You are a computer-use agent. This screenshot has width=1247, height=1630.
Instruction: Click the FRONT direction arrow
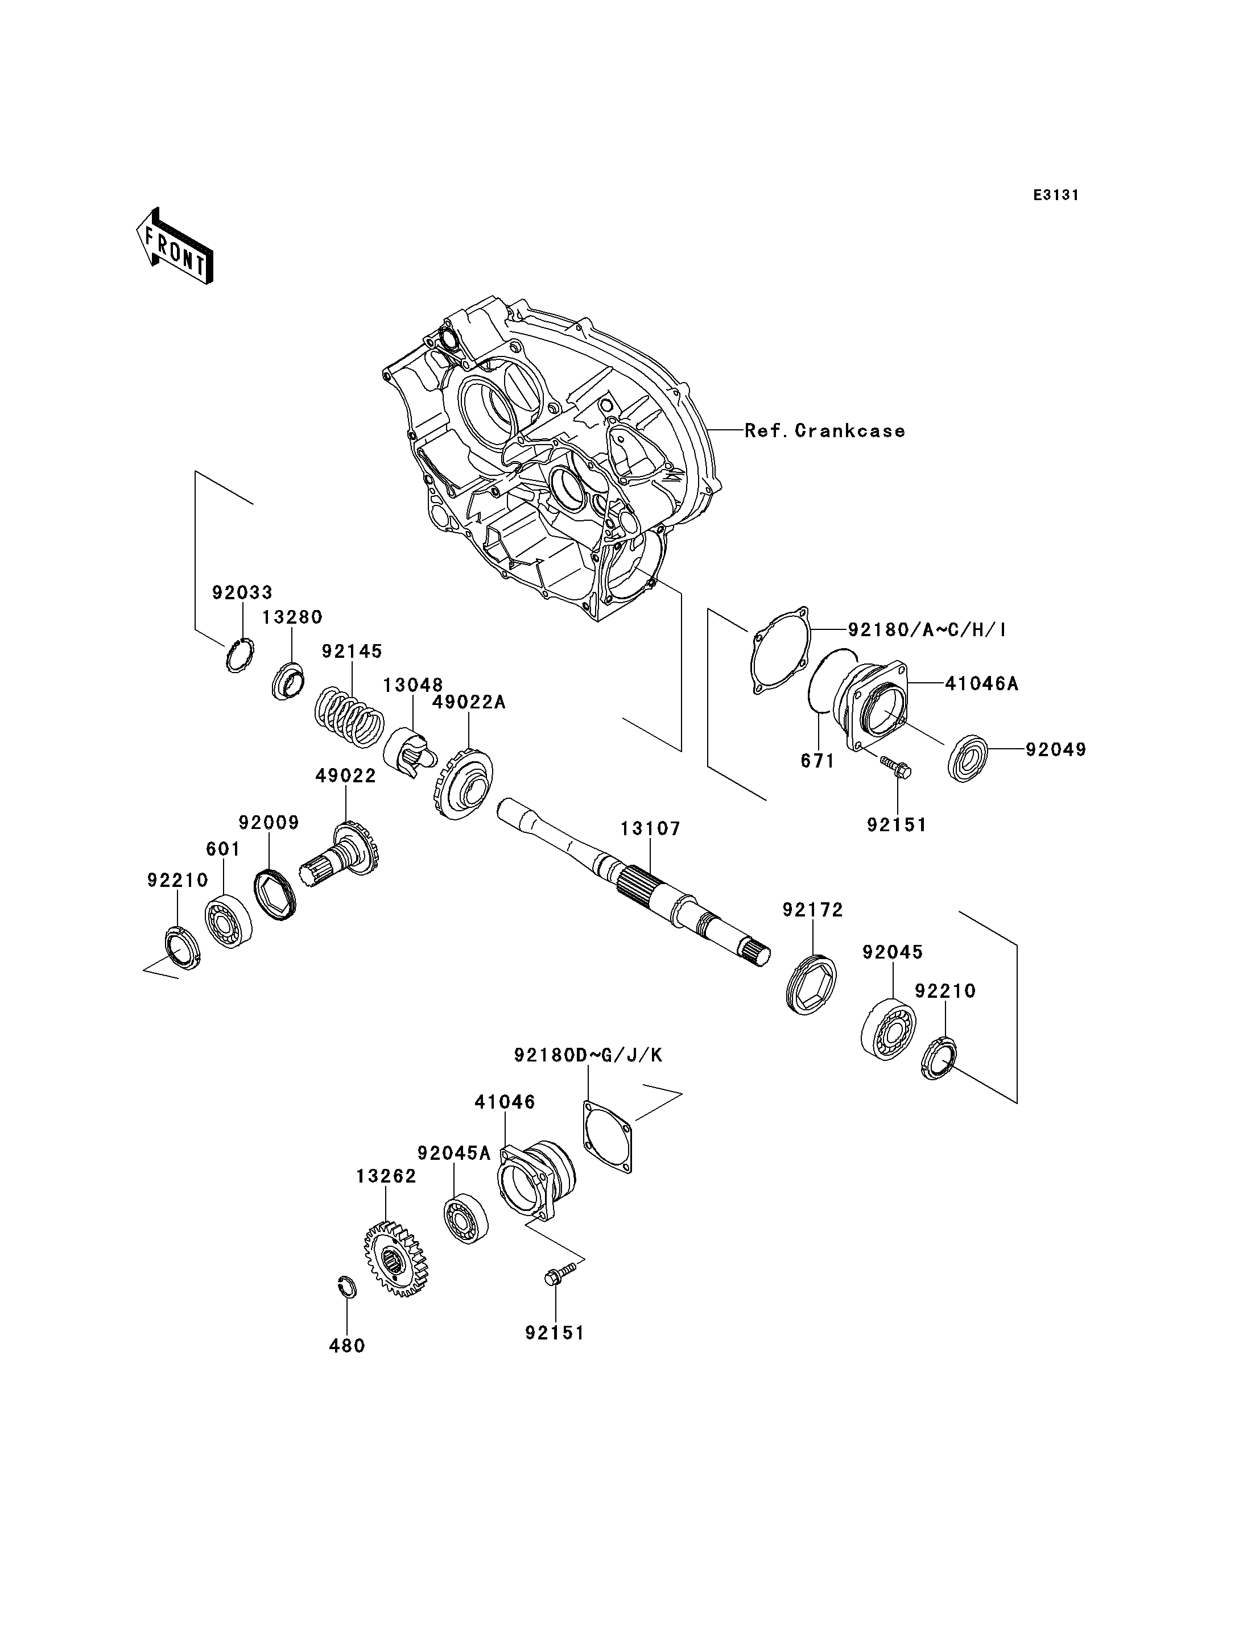[x=175, y=247]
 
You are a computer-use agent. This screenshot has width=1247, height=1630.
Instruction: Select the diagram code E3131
[x=1055, y=195]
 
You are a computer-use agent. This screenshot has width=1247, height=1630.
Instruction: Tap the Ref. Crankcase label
[x=825, y=430]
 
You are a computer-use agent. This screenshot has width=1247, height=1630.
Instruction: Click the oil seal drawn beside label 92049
[x=969, y=757]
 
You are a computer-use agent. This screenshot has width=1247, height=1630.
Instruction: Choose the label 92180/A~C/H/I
[x=927, y=629]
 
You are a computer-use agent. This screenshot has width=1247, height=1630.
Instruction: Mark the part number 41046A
[x=981, y=683]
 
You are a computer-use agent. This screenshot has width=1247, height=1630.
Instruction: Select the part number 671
[x=817, y=761]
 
